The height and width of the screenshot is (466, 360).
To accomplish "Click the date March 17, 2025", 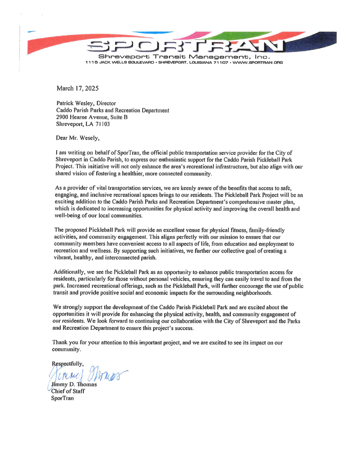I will [x=77, y=88].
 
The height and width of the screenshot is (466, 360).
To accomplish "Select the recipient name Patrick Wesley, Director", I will [x=86, y=103].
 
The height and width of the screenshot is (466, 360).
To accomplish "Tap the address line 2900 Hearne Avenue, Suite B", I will [x=92, y=117].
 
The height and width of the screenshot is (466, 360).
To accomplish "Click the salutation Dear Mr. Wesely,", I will [x=77, y=138].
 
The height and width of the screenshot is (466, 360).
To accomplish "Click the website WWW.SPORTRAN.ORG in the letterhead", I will [x=258, y=62].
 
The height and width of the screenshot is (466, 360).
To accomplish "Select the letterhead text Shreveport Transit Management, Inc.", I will [x=184, y=57].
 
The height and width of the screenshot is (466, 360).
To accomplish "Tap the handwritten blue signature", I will [x=87, y=375].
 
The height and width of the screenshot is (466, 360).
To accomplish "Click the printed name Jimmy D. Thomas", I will [x=74, y=384].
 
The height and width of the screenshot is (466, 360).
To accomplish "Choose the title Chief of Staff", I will [x=68, y=391].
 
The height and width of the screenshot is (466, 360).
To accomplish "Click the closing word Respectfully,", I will [x=68, y=364].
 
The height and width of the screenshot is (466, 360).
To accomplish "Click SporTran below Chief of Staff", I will [x=62, y=398].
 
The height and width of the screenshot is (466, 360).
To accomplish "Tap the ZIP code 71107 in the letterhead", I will [x=220, y=62].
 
